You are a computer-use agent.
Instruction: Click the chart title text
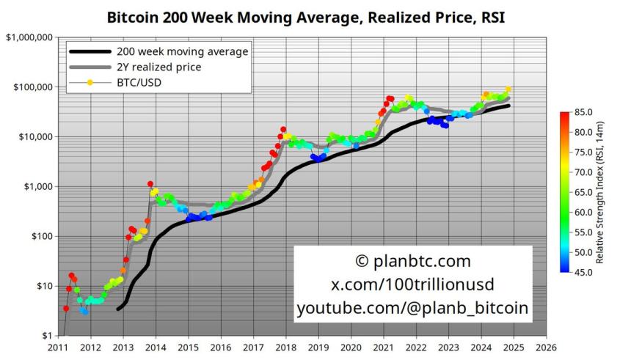306,15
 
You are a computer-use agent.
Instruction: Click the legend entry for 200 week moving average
182,52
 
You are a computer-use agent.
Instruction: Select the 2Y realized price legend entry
158,67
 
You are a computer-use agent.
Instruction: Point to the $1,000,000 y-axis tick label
28,37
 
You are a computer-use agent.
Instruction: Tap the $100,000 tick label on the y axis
31,87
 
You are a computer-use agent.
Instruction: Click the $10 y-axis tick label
41,286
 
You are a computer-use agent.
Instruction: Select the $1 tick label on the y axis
44,336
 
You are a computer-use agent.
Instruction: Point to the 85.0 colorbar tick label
585,112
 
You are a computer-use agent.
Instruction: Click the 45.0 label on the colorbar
585,272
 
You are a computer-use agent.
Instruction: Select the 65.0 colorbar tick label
585,192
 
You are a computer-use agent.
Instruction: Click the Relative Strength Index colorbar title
599,192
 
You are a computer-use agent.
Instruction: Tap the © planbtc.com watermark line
412,262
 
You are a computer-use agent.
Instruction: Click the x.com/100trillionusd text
412,285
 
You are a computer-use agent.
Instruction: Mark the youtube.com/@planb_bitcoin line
412,309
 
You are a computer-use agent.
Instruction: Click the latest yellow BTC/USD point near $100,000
508,90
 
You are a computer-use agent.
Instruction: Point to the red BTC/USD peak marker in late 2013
150,185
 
